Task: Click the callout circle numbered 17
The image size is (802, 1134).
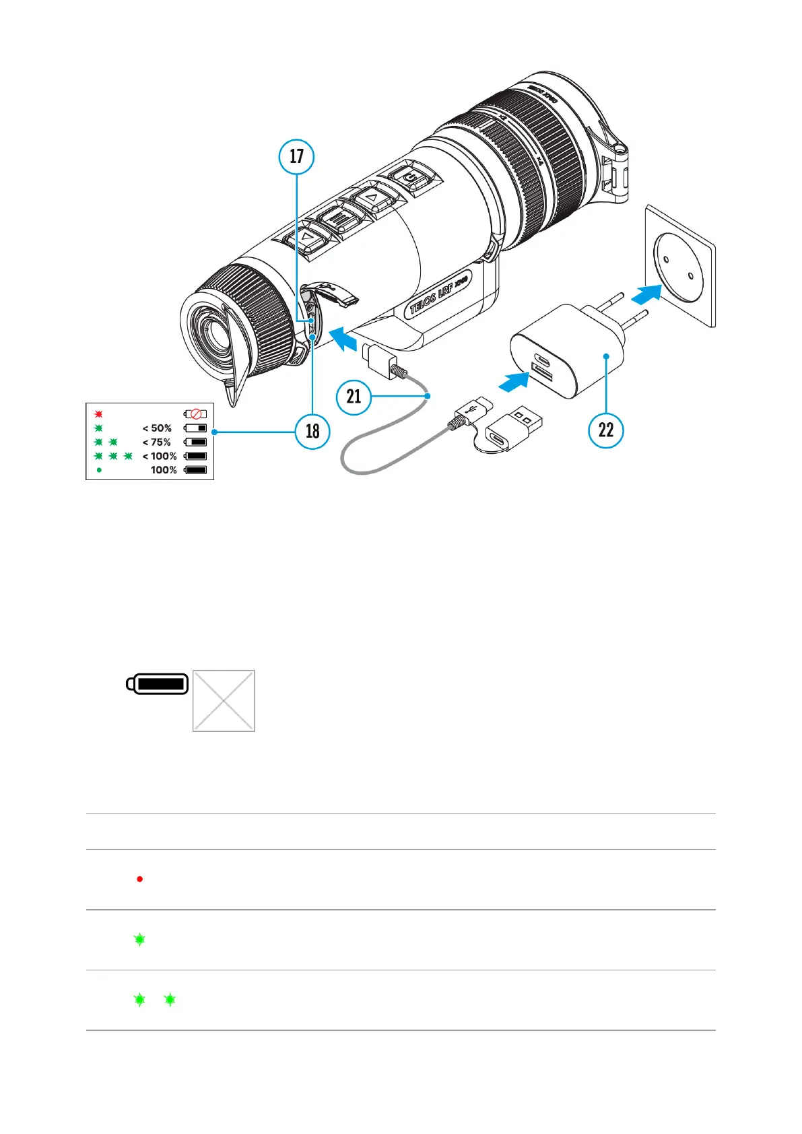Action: (296, 156)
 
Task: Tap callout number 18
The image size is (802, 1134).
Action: (312, 431)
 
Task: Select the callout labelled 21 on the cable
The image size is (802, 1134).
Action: (354, 397)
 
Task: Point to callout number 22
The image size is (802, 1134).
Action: (606, 430)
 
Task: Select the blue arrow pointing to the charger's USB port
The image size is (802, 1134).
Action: (513, 381)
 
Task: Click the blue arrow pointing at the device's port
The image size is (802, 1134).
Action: (345, 339)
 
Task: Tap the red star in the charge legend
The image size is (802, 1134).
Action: (98, 413)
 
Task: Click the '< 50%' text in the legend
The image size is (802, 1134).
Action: (157, 428)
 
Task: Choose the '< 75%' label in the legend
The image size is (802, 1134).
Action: (157, 442)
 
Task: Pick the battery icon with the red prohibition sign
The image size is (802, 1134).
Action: (195, 414)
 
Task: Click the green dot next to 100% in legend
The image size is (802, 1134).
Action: (99, 470)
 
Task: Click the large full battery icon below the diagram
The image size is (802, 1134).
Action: (158, 684)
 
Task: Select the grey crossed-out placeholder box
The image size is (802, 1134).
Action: (224, 701)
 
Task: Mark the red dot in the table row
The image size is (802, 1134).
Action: (139, 879)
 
